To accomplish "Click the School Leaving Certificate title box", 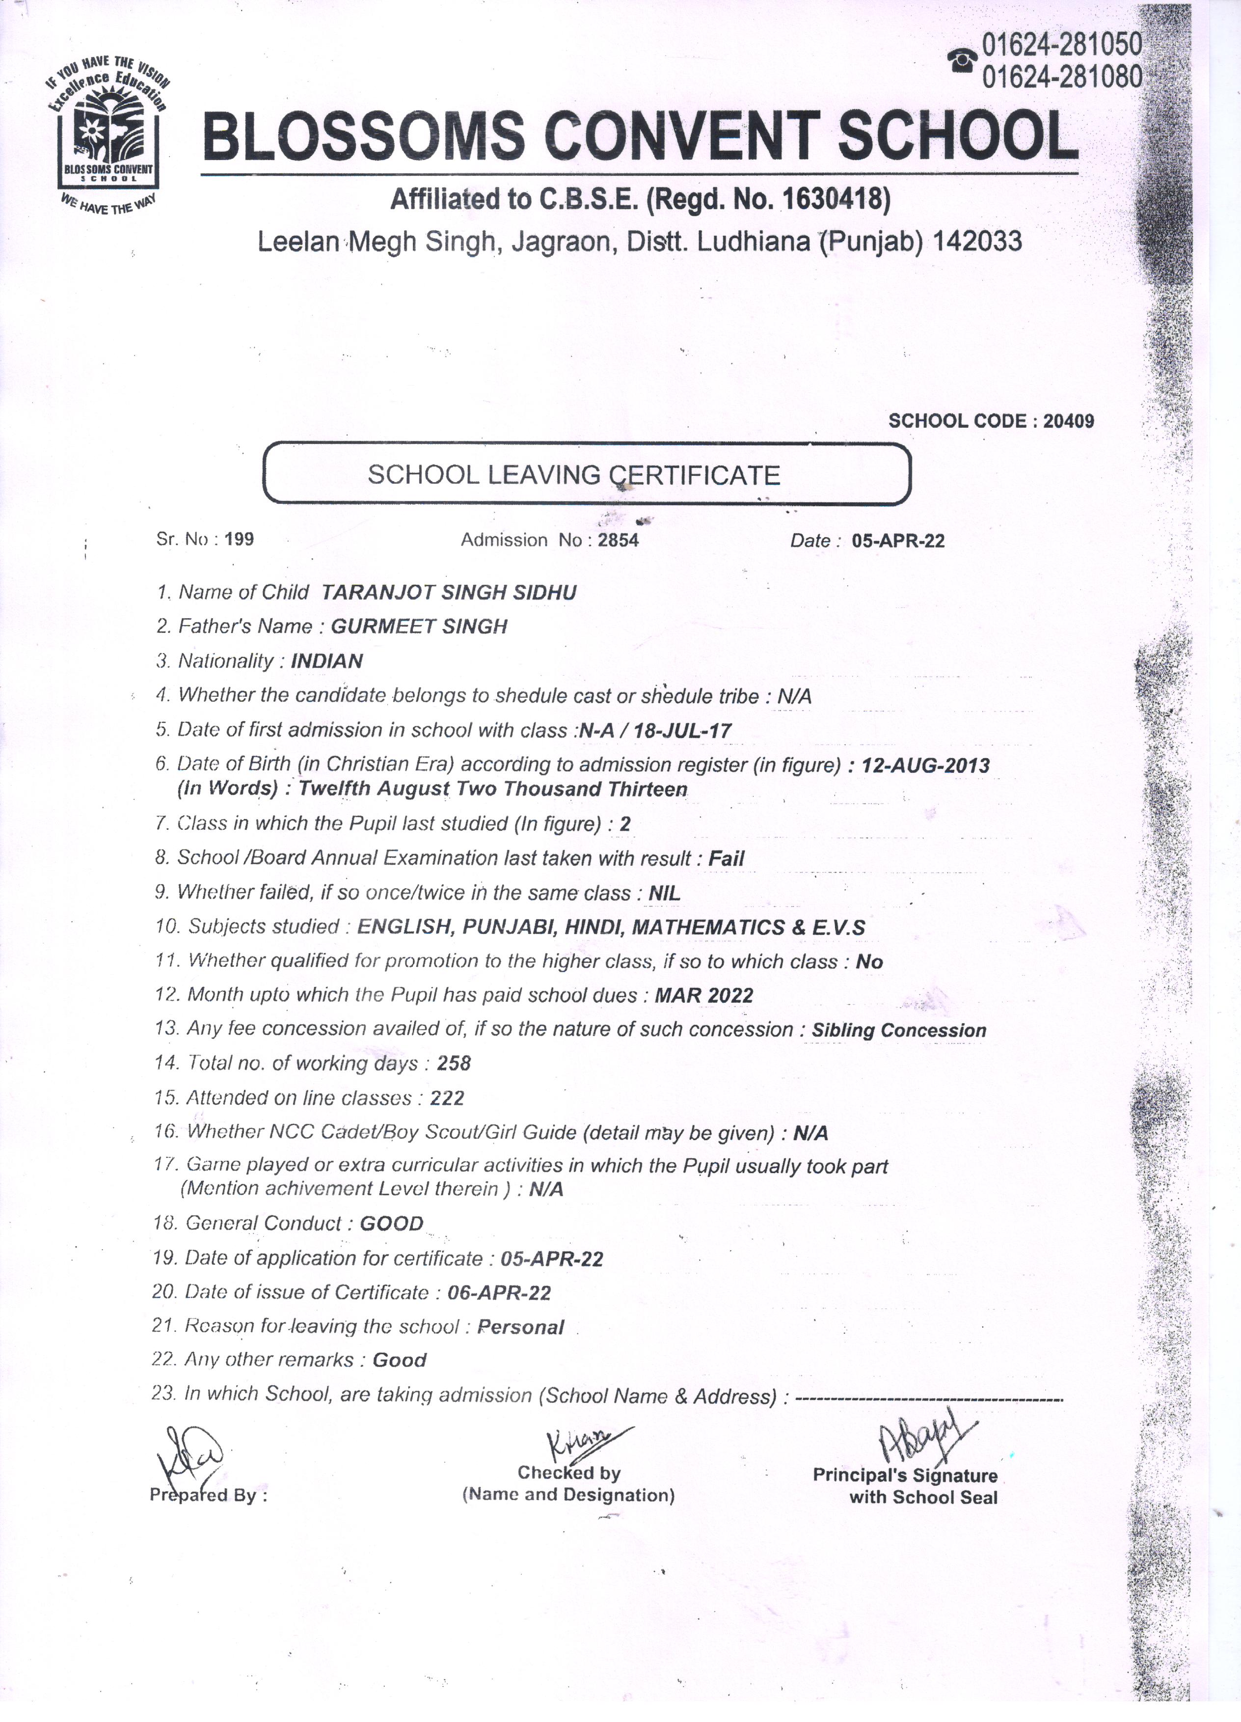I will [586, 474].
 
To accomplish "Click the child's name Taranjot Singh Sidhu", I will [449, 593].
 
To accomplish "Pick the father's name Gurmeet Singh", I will [419, 627].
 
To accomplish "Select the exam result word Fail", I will [727, 859].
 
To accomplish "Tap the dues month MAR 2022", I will [703, 995].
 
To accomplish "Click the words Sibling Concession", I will [899, 1030].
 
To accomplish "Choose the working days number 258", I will [454, 1064].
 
